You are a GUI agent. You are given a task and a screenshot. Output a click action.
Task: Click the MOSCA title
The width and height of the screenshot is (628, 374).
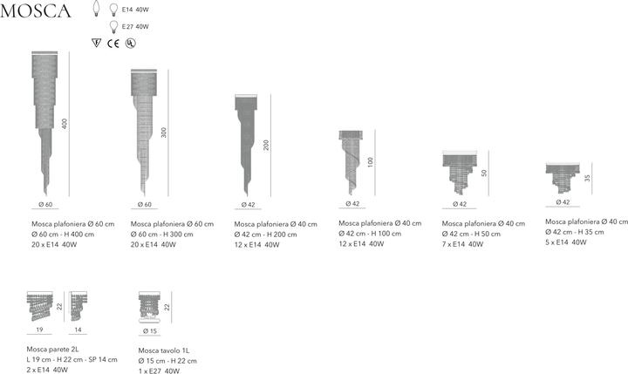pos(36,10)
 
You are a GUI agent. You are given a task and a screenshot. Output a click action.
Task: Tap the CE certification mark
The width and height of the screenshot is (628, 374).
pos(113,44)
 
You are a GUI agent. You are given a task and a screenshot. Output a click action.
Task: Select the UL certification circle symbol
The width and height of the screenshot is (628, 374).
pos(130,44)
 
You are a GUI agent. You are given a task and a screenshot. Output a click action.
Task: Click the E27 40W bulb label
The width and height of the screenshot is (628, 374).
pos(135,27)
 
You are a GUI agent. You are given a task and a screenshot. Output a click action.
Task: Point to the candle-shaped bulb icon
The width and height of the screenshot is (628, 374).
pos(96,9)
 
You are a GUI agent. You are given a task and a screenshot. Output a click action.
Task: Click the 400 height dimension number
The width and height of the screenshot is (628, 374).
pos(65,124)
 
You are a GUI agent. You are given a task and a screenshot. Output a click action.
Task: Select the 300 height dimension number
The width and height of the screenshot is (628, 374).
pos(163,133)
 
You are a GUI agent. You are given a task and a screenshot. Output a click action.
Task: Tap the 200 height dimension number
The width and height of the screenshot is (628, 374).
pos(266,145)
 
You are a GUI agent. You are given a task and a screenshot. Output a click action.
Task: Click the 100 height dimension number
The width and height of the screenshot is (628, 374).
pos(370,162)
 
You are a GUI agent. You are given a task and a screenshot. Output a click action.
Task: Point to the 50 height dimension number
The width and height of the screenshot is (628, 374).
pos(484,173)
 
